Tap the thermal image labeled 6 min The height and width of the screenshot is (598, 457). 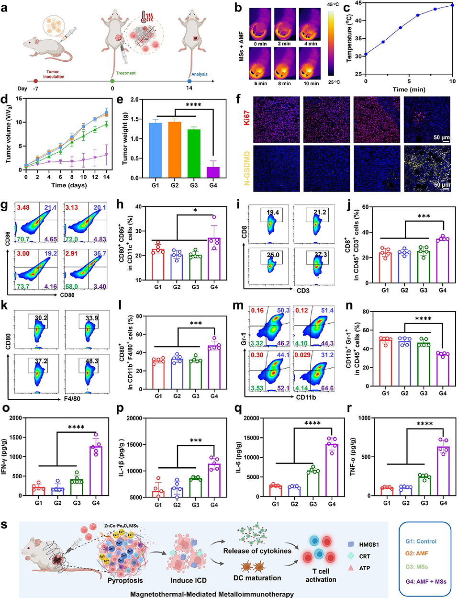point(260,67)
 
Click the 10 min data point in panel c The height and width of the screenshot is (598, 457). point(452,5)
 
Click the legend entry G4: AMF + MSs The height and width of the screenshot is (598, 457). point(426,582)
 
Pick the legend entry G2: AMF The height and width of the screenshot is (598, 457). point(417,553)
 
